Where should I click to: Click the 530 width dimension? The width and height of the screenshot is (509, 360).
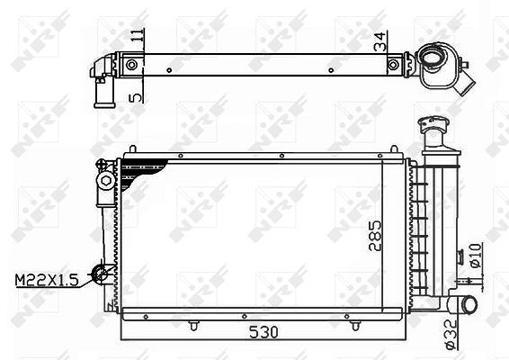pyautogui.click(x=263, y=332)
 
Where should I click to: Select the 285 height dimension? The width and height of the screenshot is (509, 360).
pyautogui.click(x=375, y=236)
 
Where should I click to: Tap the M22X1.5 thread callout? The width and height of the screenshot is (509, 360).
pyautogui.click(x=47, y=280)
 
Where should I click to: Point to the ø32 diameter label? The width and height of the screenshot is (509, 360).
pyautogui.click(x=451, y=335)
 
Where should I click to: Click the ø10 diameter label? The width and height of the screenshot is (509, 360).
pyautogui.click(x=475, y=256)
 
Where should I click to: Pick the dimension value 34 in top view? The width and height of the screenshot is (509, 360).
pyautogui.click(x=380, y=41)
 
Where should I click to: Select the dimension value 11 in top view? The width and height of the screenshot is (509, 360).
pyautogui.click(x=138, y=35)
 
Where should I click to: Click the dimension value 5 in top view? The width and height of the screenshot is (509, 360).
pyautogui.click(x=136, y=97)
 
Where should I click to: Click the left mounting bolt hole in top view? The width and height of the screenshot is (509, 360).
pyautogui.click(x=131, y=65)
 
